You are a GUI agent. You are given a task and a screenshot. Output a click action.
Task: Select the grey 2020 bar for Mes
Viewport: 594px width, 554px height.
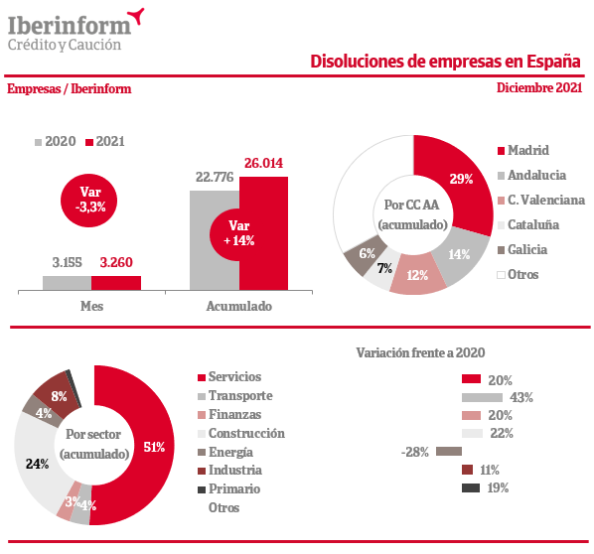68,283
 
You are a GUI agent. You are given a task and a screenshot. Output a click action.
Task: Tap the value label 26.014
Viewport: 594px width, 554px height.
263,163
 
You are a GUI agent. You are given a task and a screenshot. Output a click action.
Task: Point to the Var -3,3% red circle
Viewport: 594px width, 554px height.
89,201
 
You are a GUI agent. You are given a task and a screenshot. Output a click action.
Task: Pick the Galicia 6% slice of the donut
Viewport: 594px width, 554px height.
365,255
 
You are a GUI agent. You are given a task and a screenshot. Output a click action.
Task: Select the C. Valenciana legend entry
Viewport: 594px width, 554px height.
541,200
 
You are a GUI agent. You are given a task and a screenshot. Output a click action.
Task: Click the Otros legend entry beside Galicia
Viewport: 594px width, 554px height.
518,275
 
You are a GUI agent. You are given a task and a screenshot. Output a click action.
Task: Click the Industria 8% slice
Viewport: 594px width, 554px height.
57,394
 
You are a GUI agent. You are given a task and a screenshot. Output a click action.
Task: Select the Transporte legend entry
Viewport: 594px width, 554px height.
234,396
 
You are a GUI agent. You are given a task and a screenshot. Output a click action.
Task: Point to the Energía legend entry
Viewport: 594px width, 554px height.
225,452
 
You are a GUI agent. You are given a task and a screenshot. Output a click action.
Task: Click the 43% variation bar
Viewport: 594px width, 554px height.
482,397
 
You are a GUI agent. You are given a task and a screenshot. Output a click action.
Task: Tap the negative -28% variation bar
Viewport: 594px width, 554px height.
449,452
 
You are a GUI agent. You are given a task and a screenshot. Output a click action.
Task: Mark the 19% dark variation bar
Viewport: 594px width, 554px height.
471,487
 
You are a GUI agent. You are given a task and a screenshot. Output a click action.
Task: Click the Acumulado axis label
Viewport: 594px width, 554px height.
239,306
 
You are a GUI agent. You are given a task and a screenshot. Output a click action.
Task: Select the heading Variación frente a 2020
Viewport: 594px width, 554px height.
420,352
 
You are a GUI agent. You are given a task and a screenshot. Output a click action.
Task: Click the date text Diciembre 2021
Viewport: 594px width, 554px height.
539,87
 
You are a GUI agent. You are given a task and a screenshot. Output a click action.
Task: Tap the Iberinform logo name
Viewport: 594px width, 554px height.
70,26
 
